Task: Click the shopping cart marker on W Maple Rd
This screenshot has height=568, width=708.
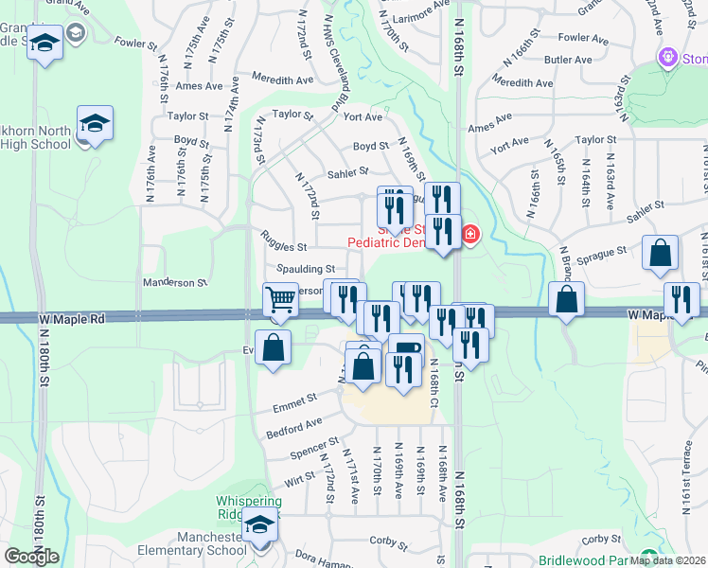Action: tap(281, 301)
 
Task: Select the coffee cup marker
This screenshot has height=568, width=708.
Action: tap(406, 351)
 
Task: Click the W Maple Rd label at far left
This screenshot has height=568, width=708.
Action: tap(72, 320)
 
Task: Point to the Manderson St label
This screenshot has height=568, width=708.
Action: tap(174, 283)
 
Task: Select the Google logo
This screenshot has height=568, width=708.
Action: tap(31, 557)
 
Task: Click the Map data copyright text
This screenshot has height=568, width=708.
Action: tap(668, 559)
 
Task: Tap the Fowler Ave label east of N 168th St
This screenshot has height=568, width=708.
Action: tap(582, 39)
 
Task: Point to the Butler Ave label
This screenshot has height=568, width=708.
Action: tap(569, 60)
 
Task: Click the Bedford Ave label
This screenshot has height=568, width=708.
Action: tap(294, 423)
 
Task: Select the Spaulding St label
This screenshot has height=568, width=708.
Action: tap(306, 270)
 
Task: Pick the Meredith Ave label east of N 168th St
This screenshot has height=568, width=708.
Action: tap(522, 83)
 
